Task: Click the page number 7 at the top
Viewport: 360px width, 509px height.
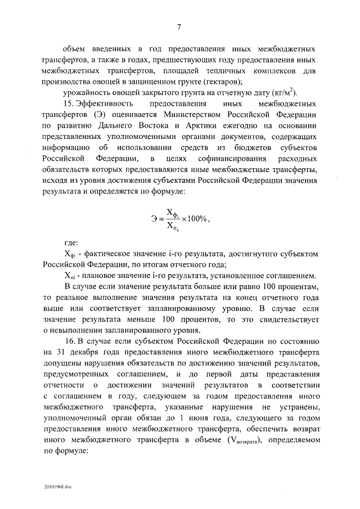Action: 179,26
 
